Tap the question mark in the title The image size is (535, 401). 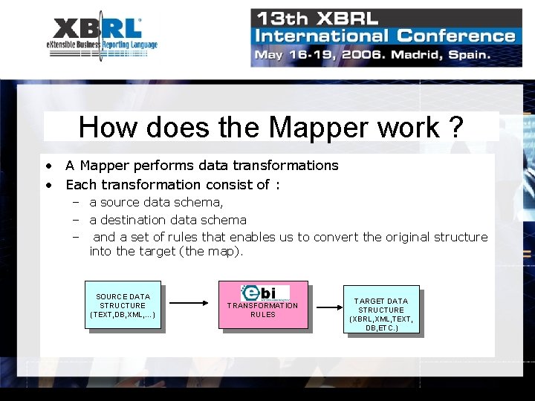456,128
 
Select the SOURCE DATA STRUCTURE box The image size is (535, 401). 123,305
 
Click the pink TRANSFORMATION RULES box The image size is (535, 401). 262,305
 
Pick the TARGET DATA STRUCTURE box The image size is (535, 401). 381,310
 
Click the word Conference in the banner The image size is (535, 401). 455,36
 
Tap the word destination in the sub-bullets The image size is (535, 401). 132,220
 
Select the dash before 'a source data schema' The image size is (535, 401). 76,202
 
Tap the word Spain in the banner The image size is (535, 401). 467,54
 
